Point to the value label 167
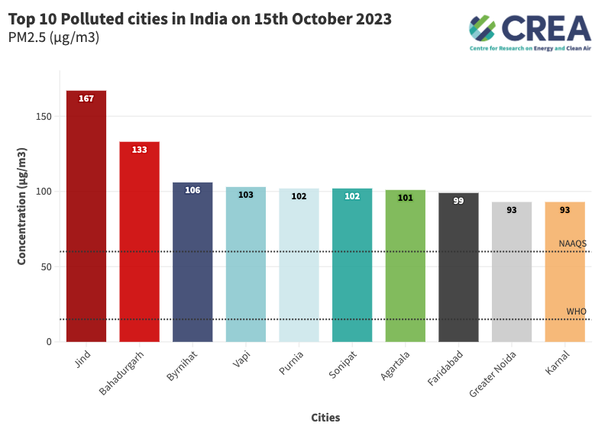(86, 98)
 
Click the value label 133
(139, 150)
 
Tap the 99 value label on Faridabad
(458, 201)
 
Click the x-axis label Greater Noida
(493, 373)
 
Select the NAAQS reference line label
(572, 244)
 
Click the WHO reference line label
(576, 311)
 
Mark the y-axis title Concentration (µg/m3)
(22, 207)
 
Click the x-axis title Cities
(325, 418)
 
